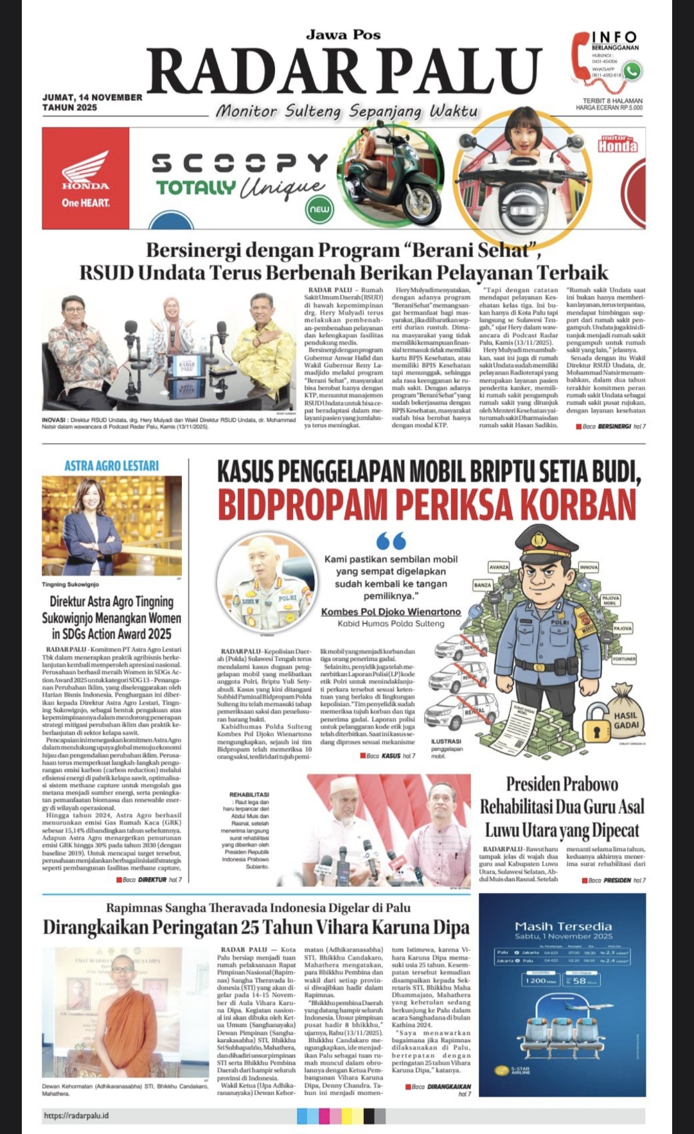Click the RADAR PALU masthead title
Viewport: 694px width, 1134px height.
(x=344, y=72)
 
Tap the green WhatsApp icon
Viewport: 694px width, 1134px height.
(x=632, y=71)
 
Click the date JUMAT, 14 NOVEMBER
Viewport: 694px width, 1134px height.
(x=93, y=97)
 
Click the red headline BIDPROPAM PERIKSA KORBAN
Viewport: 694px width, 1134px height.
(x=427, y=504)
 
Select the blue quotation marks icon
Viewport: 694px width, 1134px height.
(x=391, y=541)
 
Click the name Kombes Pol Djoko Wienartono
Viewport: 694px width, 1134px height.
(x=391, y=611)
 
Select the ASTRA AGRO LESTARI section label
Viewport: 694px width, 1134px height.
(x=111, y=466)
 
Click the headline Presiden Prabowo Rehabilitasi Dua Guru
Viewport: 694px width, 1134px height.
(x=562, y=807)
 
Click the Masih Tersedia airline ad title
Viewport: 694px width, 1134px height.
(x=563, y=926)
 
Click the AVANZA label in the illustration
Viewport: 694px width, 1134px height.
(x=499, y=567)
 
